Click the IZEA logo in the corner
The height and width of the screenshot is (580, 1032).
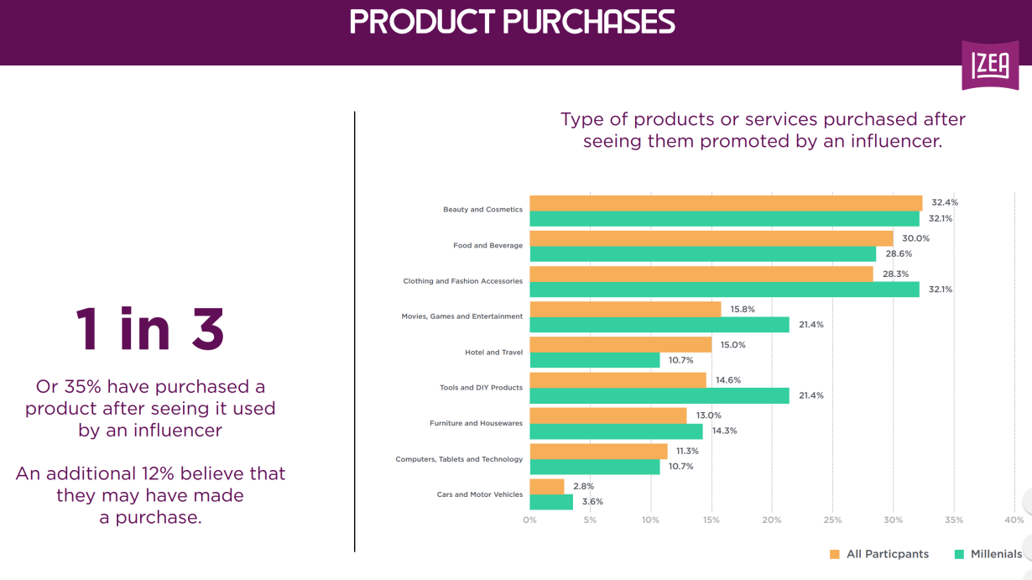990,65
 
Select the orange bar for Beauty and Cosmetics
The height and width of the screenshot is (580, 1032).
726,202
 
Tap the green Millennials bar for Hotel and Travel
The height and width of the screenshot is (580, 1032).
595,360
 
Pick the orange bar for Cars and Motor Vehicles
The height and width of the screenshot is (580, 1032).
547,487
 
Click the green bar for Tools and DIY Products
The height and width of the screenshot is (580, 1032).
659,395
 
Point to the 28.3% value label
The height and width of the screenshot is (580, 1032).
895,274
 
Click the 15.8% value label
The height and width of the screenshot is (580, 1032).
743,309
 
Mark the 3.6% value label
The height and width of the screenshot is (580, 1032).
592,502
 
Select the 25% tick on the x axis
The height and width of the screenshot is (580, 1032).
832,520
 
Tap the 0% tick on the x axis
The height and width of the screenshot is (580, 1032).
529,520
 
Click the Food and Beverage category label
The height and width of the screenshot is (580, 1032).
487,246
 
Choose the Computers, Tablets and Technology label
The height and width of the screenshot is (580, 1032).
459,459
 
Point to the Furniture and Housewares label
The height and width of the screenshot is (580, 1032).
476,424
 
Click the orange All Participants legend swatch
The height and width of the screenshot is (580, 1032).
834,554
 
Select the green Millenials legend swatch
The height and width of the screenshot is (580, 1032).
959,554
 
